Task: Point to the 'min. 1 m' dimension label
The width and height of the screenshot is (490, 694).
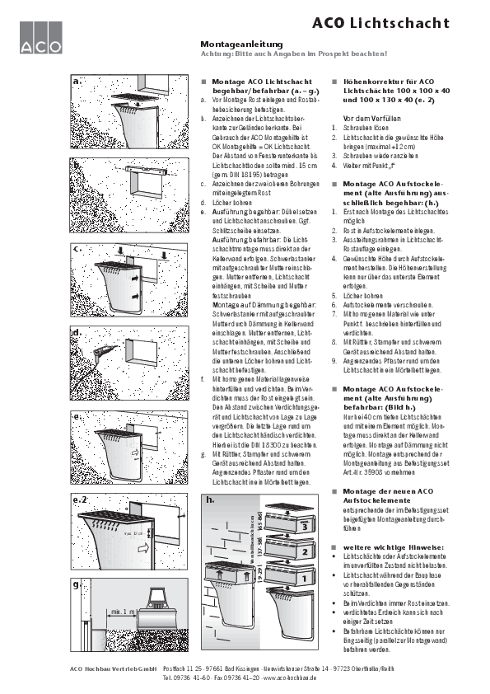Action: (120, 612)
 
